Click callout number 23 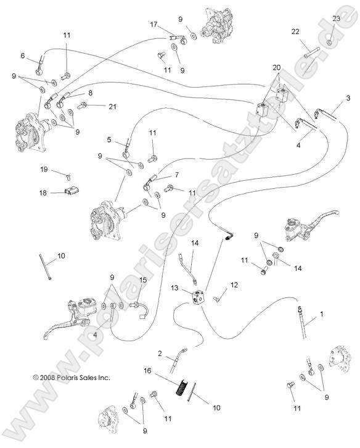(336, 19)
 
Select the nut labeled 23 (331, 42)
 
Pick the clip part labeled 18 (71, 192)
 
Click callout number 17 (153, 24)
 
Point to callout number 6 (23, 56)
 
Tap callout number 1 (321, 314)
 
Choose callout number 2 (160, 354)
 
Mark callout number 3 (348, 97)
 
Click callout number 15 (142, 280)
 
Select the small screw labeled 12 (218, 298)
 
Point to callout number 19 (44, 168)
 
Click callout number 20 (276, 67)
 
